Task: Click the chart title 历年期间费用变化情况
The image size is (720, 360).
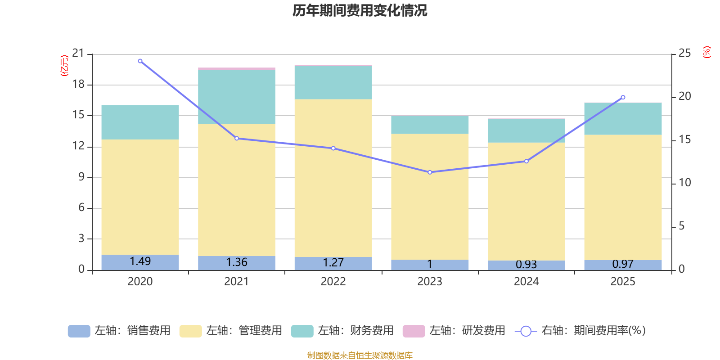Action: pos(360,11)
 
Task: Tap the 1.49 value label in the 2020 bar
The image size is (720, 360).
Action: pos(140,261)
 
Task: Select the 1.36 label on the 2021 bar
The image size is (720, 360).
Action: pos(237,262)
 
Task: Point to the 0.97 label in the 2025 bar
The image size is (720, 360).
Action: pos(623,264)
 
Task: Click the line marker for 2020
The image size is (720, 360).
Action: pos(140,61)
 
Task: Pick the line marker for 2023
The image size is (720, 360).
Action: pos(430,172)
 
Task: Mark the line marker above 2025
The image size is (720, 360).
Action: pos(623,97)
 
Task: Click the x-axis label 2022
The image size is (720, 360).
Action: pos(333,282)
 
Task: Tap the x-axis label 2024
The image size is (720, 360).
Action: pos(526,282)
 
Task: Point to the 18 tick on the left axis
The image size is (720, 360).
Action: pos(78,84)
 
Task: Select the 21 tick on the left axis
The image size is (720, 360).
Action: pos(78,53)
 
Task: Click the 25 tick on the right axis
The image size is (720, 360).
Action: pos(684,53)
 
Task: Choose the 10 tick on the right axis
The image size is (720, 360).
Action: pos(684,183)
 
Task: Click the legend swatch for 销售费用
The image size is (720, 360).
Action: pos(79,331)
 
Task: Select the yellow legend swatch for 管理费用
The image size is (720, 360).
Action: pos(191,331)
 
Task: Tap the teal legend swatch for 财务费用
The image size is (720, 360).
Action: pos(302,331)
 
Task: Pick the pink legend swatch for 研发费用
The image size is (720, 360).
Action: pos(414,331)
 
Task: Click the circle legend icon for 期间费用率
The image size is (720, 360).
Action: pos(526,331)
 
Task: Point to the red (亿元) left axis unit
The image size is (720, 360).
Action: pos(64,66)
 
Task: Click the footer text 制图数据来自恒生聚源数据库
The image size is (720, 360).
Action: pos(360,355)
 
